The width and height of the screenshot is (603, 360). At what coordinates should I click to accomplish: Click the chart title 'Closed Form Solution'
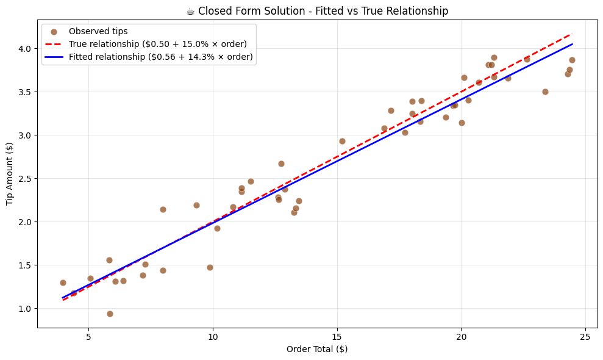[x=317, y=11]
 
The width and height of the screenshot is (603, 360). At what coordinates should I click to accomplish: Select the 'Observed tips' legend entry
[x=98, y=31]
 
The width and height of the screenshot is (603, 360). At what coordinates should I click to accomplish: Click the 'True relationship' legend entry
[x=157, y=44]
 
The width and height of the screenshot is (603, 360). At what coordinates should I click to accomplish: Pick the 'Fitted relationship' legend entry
[x=161, y=57]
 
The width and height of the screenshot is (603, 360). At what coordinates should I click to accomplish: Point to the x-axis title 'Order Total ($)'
[x=317, y=349]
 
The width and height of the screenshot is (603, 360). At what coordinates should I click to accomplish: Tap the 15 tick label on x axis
[x=337, y=336]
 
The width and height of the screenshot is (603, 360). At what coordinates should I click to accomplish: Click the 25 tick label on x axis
[x=585, y=336]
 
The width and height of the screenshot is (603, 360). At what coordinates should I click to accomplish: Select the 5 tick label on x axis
[x=89, y=336]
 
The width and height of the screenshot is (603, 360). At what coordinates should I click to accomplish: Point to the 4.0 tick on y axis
[x=25, y=49]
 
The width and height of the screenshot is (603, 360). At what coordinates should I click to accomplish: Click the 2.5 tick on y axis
[x=25, y=179]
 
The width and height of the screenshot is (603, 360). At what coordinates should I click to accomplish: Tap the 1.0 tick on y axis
[x=25, y=309]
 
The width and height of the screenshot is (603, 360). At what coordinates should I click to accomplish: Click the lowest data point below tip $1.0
[x=110, y=314]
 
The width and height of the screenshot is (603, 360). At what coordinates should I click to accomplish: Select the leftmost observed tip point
[x=63, y=283]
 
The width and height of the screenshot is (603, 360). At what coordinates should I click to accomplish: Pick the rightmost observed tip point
[x=572, y=60]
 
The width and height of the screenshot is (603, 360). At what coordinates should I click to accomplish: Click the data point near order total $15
[x=342, y=141]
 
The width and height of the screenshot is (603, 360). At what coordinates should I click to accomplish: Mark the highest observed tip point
[x=494, y=57]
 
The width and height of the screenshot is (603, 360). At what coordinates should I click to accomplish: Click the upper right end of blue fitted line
[x=572, y=44]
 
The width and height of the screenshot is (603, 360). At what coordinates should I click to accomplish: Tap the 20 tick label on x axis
[x=461, y=336]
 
